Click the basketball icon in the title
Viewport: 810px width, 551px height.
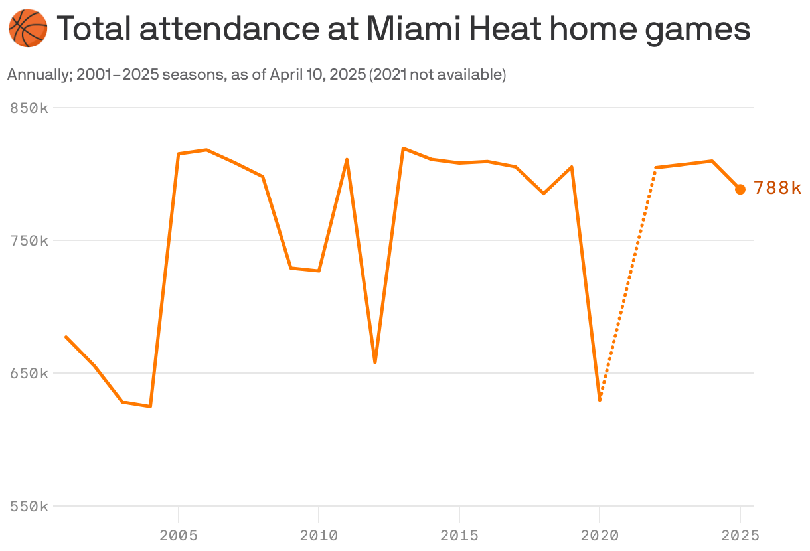[28, 29]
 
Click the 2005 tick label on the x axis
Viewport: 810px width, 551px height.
[179, 535]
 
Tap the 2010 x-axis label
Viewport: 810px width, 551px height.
[319, 535]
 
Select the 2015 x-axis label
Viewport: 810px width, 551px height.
[459, 535]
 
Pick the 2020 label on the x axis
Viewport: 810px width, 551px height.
[600, 535]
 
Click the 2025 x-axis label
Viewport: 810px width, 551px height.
[740, 535]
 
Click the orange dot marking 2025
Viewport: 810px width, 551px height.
[740, 189]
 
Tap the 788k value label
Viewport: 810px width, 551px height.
[777, 189]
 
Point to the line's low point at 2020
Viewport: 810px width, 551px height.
[600, 400]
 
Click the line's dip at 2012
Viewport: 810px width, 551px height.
[375, 362]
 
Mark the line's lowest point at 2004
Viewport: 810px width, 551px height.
[151, 406]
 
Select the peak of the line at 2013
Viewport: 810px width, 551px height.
[403, 148]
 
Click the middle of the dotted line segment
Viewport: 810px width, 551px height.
[627, 282]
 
